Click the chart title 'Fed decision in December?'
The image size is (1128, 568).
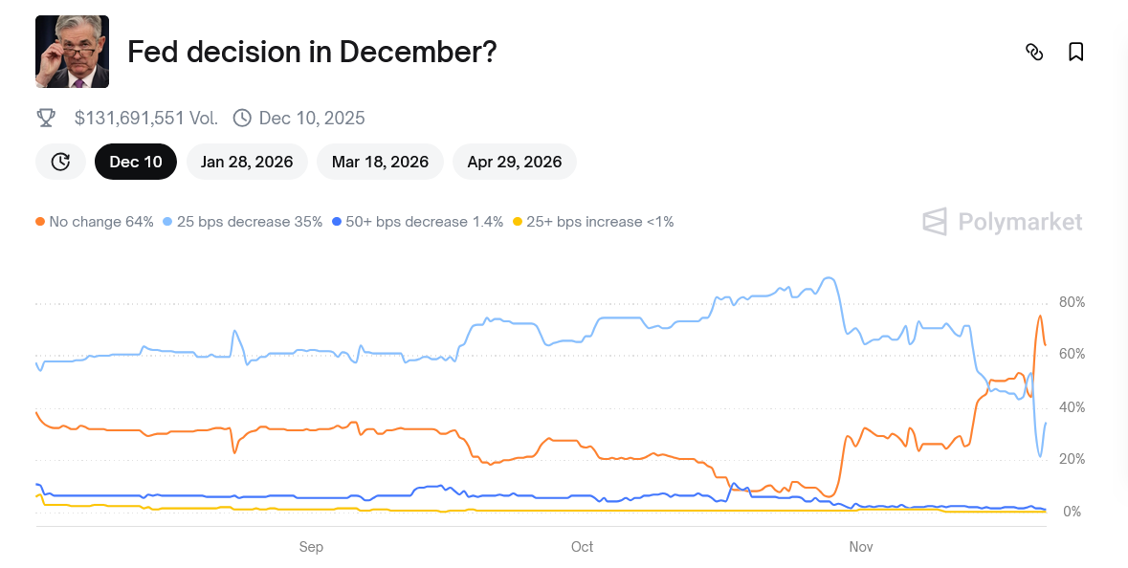click(x=312, y=52)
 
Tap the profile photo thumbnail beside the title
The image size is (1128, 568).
click(x=72, y=52)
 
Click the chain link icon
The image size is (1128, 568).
click(x=1033, y=52)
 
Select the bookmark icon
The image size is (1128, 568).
click(x=1075, y=52)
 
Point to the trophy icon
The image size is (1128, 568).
click(x=46, y=118)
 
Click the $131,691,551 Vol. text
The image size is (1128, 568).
click(x=145, y=119)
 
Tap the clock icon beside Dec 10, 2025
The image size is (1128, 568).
click(x=242, y=118)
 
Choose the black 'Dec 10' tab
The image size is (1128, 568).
click(x=136, y=162)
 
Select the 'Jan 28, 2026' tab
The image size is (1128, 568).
click(x=247, y=162)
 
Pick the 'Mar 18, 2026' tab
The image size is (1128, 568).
click(x=380, y=162)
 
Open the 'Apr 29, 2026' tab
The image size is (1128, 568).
click(x=514, y=162)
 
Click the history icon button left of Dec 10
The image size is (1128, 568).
click(x=60, y=162)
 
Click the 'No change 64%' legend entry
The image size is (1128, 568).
click(x=95, y=222)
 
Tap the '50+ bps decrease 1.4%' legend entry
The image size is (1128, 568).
click(x=417, y=222)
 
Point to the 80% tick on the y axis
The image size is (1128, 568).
click(x=1072, y=302)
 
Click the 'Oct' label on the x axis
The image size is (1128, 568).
click(x=582, y=547)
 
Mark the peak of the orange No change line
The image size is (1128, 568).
click(x=1039, y=317)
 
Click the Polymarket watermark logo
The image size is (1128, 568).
click(x=1002, y=222)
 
